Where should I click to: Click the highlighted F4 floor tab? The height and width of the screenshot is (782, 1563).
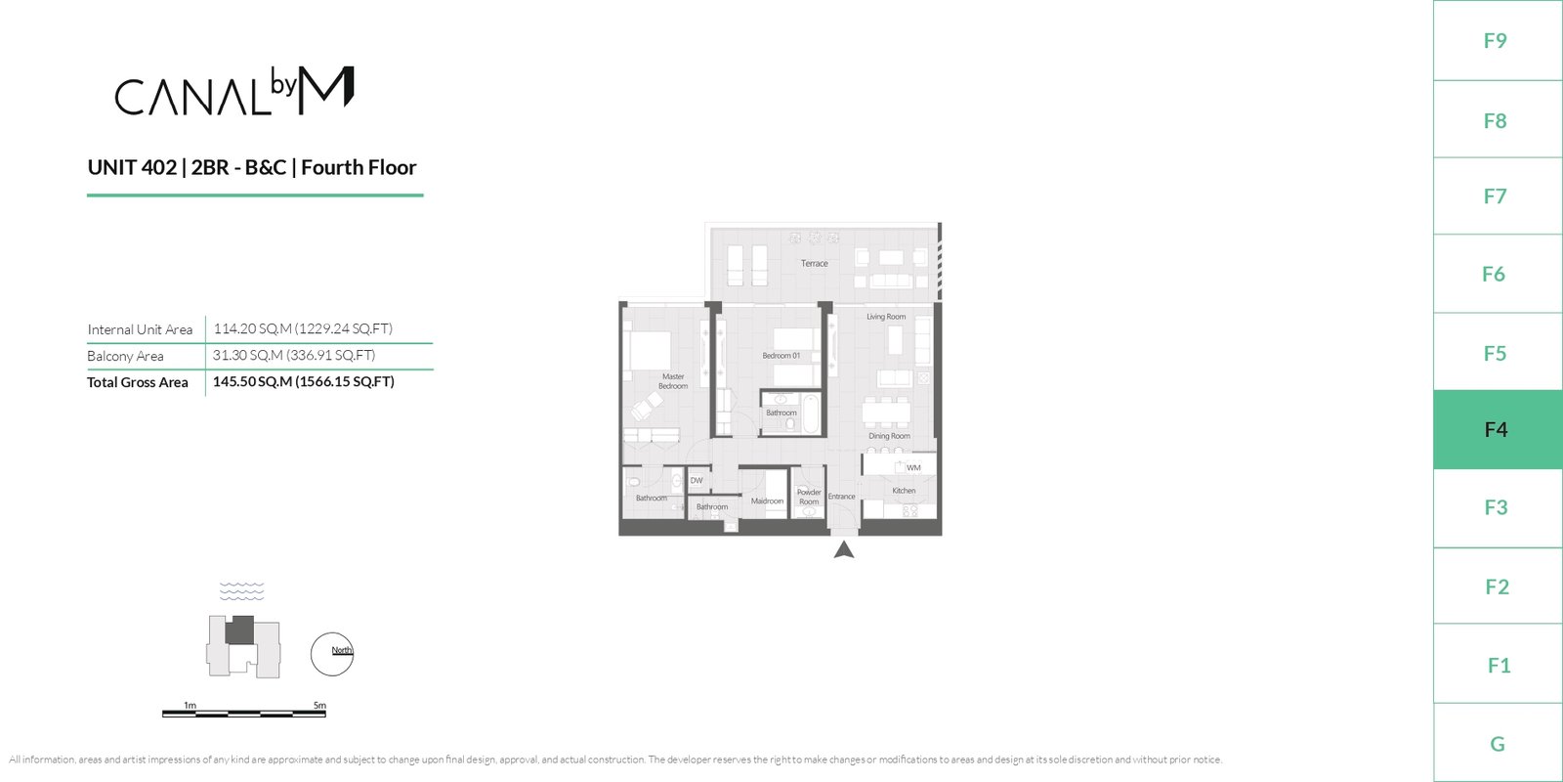[1498, 429]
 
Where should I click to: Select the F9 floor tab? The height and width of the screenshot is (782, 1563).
[1498, 40]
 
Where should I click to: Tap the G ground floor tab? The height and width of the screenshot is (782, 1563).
[1498, 744]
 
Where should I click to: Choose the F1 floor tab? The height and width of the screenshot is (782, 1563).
[1498, 665]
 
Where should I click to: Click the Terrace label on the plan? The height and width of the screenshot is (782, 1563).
[815, 263]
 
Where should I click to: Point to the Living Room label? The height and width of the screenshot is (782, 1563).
[886, 317]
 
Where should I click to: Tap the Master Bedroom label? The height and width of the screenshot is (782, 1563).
[673, 381]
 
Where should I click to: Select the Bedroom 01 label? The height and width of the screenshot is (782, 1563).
[781, 356]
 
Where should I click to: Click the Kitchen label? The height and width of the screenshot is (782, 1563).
[904, 490]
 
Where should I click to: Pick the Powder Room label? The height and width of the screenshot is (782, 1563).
[809, 497]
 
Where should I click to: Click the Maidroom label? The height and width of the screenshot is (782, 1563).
[767, 500]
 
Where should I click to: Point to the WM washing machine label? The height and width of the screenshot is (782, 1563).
[913, 468]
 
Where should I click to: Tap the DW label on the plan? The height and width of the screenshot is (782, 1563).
[697, 480]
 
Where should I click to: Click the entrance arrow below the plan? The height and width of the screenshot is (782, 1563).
[844, 550]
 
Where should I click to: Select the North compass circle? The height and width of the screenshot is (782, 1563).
[332, 654]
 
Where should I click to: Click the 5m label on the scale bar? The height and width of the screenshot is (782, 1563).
[319, 705]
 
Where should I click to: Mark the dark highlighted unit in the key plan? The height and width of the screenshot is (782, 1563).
[239, 630]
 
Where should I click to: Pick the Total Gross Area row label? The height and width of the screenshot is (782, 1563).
[138, 382]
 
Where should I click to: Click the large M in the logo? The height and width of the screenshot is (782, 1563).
[326, 90]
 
